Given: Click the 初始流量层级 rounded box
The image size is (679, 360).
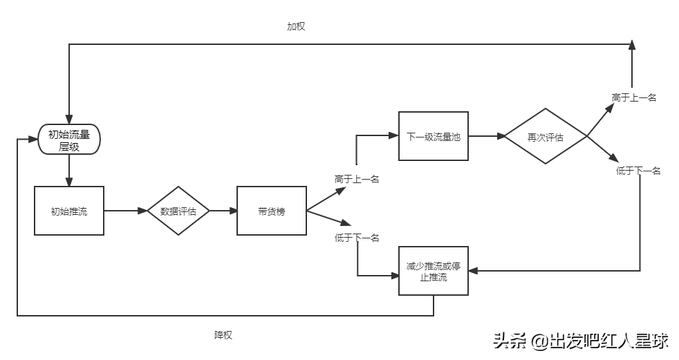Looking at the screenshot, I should point(69,141).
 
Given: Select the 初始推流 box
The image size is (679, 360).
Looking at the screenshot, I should point(69,211).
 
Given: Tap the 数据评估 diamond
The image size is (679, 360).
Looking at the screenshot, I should point(178,211).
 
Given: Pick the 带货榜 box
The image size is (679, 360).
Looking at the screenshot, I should point(271,211).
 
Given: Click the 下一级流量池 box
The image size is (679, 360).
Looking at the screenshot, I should point(434,136).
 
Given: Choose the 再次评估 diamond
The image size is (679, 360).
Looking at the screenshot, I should point(546,136).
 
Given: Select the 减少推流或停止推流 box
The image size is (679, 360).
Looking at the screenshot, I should point(434,271).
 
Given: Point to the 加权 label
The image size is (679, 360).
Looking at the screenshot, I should point(296,26).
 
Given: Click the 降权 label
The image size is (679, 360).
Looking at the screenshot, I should point(223,334).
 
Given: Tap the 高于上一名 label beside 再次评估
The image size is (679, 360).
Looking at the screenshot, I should point(633,97).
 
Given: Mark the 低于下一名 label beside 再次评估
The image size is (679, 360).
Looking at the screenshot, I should point(638,171).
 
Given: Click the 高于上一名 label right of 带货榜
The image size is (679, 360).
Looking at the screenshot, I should point(357,179).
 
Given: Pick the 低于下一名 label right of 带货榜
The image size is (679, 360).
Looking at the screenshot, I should point(357,238).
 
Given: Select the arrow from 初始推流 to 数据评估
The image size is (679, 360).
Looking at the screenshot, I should point(125,211).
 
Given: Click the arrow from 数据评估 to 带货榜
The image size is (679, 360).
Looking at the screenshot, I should point(223,211).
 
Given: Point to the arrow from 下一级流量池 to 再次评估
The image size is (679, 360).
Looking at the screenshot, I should point(486,136).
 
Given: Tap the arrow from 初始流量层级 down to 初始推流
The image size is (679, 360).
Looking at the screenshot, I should point(69,171).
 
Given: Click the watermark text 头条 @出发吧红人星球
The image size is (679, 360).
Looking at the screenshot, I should point(580,341).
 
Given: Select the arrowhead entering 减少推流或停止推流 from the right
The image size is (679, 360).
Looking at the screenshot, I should point(473,271).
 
